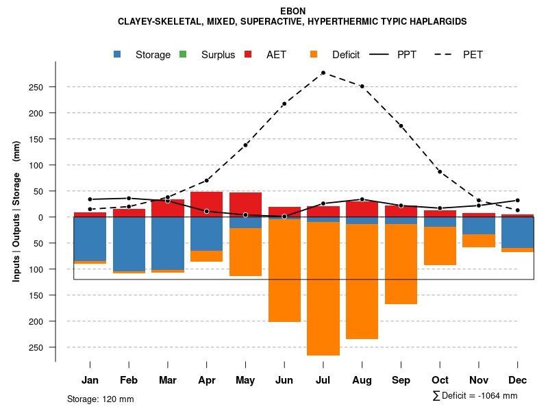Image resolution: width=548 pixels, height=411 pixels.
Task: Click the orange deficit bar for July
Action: [323, 288]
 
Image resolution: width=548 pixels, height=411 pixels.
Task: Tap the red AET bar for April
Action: [206, 204]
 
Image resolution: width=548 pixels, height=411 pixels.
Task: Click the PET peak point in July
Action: [323, 73]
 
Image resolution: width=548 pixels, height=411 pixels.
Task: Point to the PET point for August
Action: [362, 86]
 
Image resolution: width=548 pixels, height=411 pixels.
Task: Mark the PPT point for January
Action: [90, 199]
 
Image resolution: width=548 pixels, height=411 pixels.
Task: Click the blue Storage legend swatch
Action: [118, 54]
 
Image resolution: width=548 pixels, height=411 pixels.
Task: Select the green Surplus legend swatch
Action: [183, 54]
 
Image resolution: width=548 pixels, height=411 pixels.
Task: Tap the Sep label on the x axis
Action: [401, 380]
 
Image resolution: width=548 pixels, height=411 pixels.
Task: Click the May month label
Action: [245, 380]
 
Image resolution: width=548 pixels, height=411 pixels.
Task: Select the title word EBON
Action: [293, 11]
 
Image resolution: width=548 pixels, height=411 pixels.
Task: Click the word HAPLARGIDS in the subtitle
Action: [433, 22]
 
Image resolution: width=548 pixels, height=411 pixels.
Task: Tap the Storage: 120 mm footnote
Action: [101, 399]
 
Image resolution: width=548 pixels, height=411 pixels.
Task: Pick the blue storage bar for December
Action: [517, 232]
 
